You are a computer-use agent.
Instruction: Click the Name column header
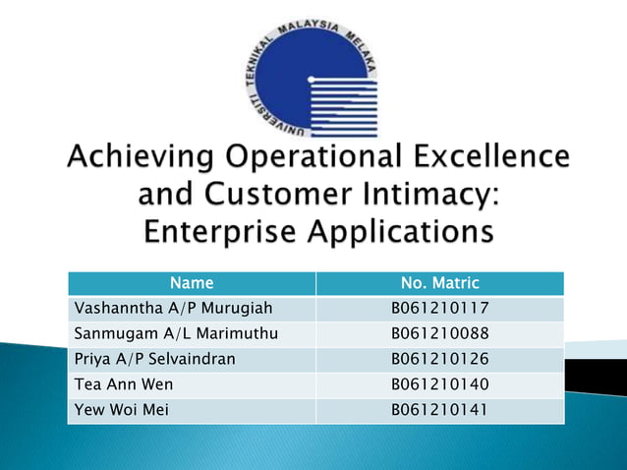[x=190, y=283]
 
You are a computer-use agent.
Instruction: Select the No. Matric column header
[x=439, y=283]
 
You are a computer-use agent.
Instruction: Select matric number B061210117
[x=439, y=309]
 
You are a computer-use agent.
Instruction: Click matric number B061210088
[x=439, y=333]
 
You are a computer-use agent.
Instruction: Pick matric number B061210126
[x=439, y=359]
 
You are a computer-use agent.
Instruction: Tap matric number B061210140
[x=439, y=384]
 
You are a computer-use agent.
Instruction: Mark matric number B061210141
[x=439, y=410]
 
